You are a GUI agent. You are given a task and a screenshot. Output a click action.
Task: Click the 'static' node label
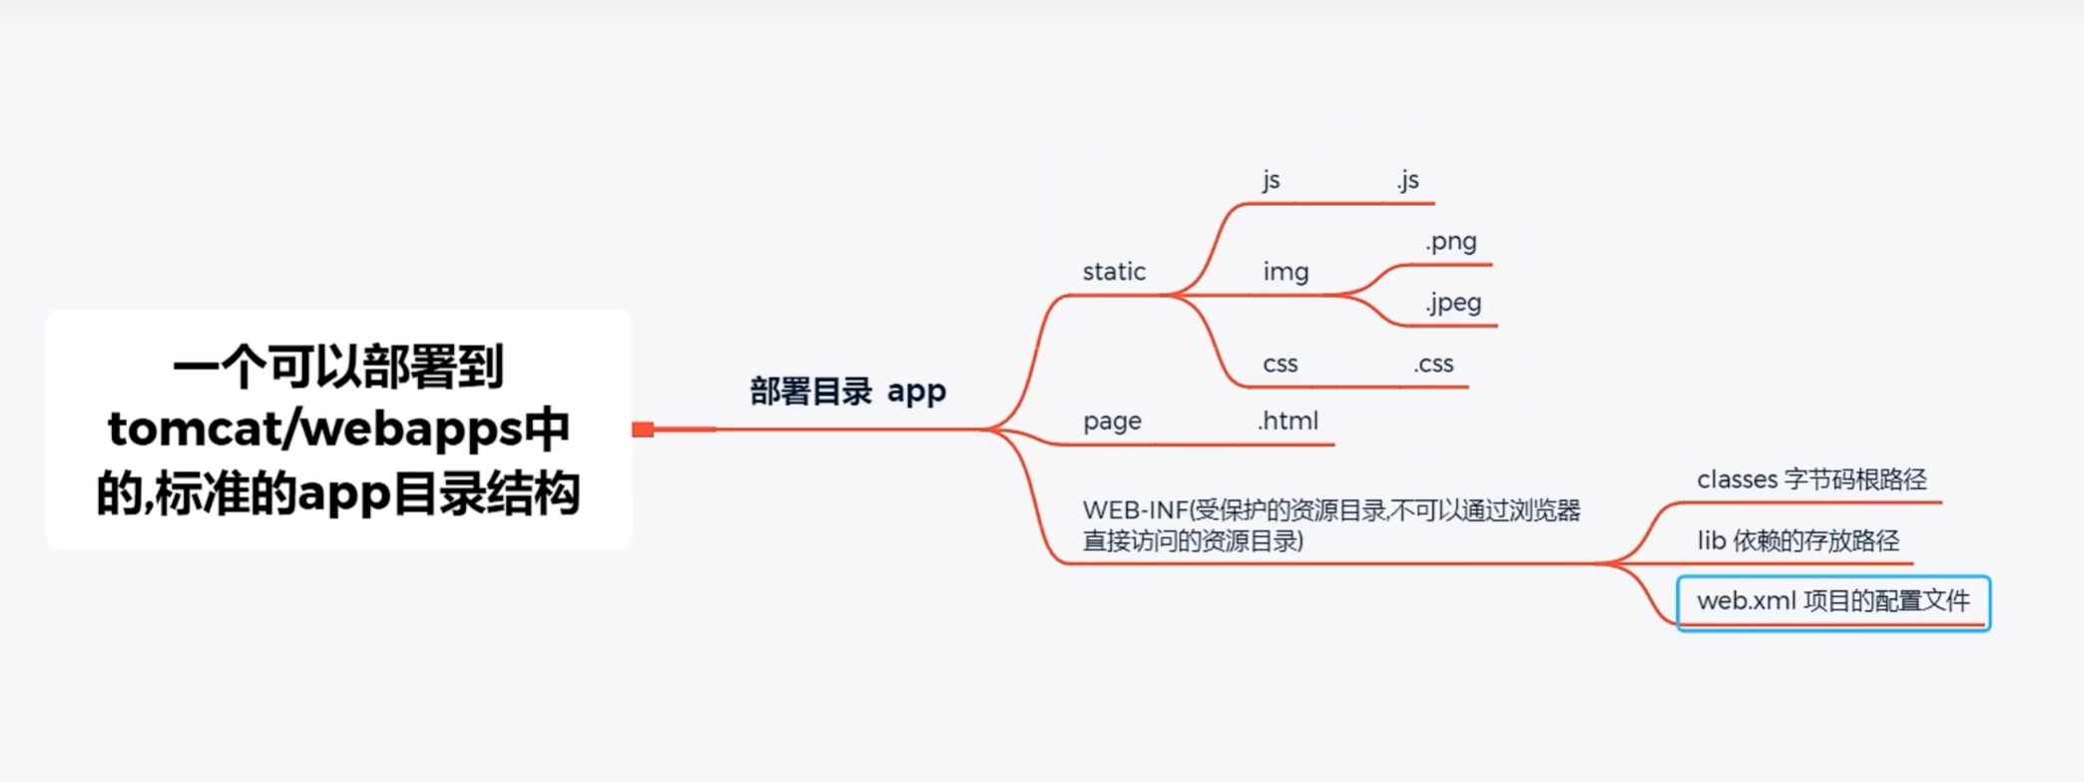[x=1114, y=272]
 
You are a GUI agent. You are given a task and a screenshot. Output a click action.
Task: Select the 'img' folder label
[x=1286, y=272]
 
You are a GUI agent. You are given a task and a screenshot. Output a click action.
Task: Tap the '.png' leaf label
[x=1451, y=242]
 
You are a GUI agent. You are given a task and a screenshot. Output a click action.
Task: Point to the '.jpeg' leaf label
[x=1453, y=303]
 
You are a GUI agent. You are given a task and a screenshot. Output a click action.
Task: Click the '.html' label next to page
[x=1288, y=421]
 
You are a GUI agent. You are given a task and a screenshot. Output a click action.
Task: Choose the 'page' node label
[x=1112, y=421]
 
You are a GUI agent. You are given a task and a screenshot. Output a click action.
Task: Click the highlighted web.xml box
[x=1833, y=602]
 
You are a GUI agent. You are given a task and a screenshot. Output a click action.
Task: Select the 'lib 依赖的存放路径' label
[x=1798, y=541]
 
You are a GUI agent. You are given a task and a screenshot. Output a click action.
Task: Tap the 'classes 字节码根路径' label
[x=1812, y=480]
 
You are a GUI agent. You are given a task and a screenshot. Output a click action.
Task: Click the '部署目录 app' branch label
[x=847, y=391]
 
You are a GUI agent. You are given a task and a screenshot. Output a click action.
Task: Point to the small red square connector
[x=643, y=429]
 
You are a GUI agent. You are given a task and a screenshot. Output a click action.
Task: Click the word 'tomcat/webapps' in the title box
[x=314, y=429]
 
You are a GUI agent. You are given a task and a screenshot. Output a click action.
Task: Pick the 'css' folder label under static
[x=1280, y=365]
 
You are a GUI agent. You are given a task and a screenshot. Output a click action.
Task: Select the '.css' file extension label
[x=1433, y=365]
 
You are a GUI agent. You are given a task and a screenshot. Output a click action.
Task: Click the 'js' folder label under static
[x=1271, y=181]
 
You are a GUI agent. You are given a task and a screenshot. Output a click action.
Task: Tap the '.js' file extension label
[x=1407, y=181]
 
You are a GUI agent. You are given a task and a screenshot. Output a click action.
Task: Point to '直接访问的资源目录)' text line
[x=1193, y=541]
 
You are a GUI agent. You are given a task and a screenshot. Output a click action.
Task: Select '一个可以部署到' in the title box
[x=338, y=367]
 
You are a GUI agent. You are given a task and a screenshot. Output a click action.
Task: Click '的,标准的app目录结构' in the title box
[x=338, y=493]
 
